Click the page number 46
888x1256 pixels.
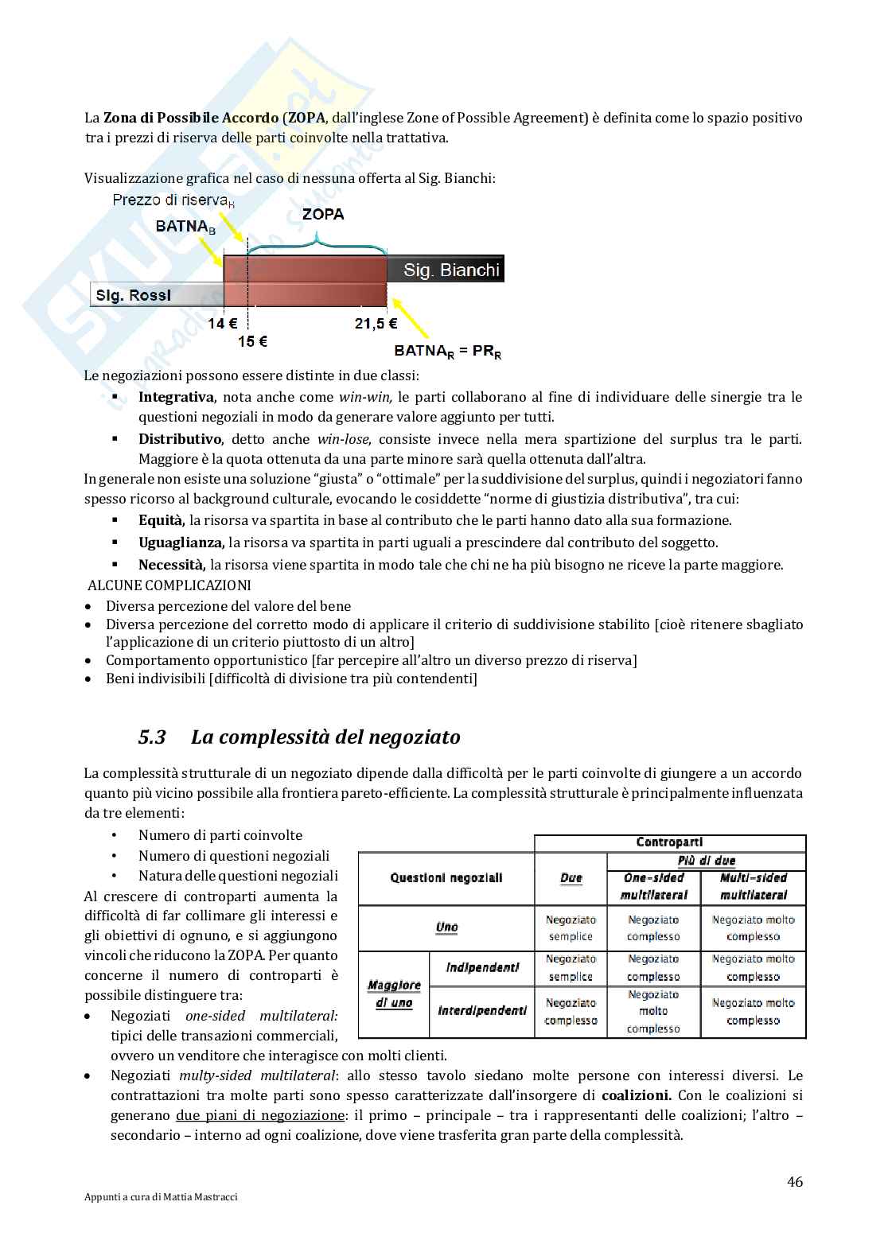pos(794,1181)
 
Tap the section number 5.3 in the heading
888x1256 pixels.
pos(152,737)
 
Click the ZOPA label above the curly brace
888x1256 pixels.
pos(323,214)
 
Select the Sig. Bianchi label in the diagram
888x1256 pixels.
pos(451,270)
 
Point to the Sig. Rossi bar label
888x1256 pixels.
pos(133,296)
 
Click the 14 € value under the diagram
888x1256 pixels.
pos(223,324)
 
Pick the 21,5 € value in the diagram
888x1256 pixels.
pos(376,324)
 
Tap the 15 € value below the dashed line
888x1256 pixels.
pos(252,342)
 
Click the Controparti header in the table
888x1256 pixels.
pos(669,842)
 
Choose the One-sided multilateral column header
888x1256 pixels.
pos(653,886)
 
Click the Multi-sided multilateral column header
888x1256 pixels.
pos(753,886)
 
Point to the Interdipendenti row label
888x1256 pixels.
pos(482,1011)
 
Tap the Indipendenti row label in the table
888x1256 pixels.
pos(482,968)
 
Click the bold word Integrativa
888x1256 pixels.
pos(176,397)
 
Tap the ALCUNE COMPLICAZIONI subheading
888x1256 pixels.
pos(169,585)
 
